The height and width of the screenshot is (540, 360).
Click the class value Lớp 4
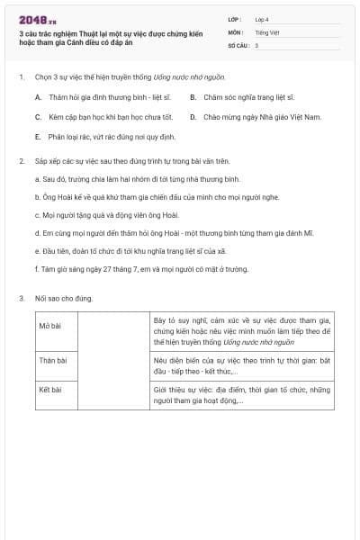click(262, 19)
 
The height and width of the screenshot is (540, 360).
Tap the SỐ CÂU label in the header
click(237, 44)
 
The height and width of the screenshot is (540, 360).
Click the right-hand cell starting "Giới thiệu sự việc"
click(242, 395)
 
